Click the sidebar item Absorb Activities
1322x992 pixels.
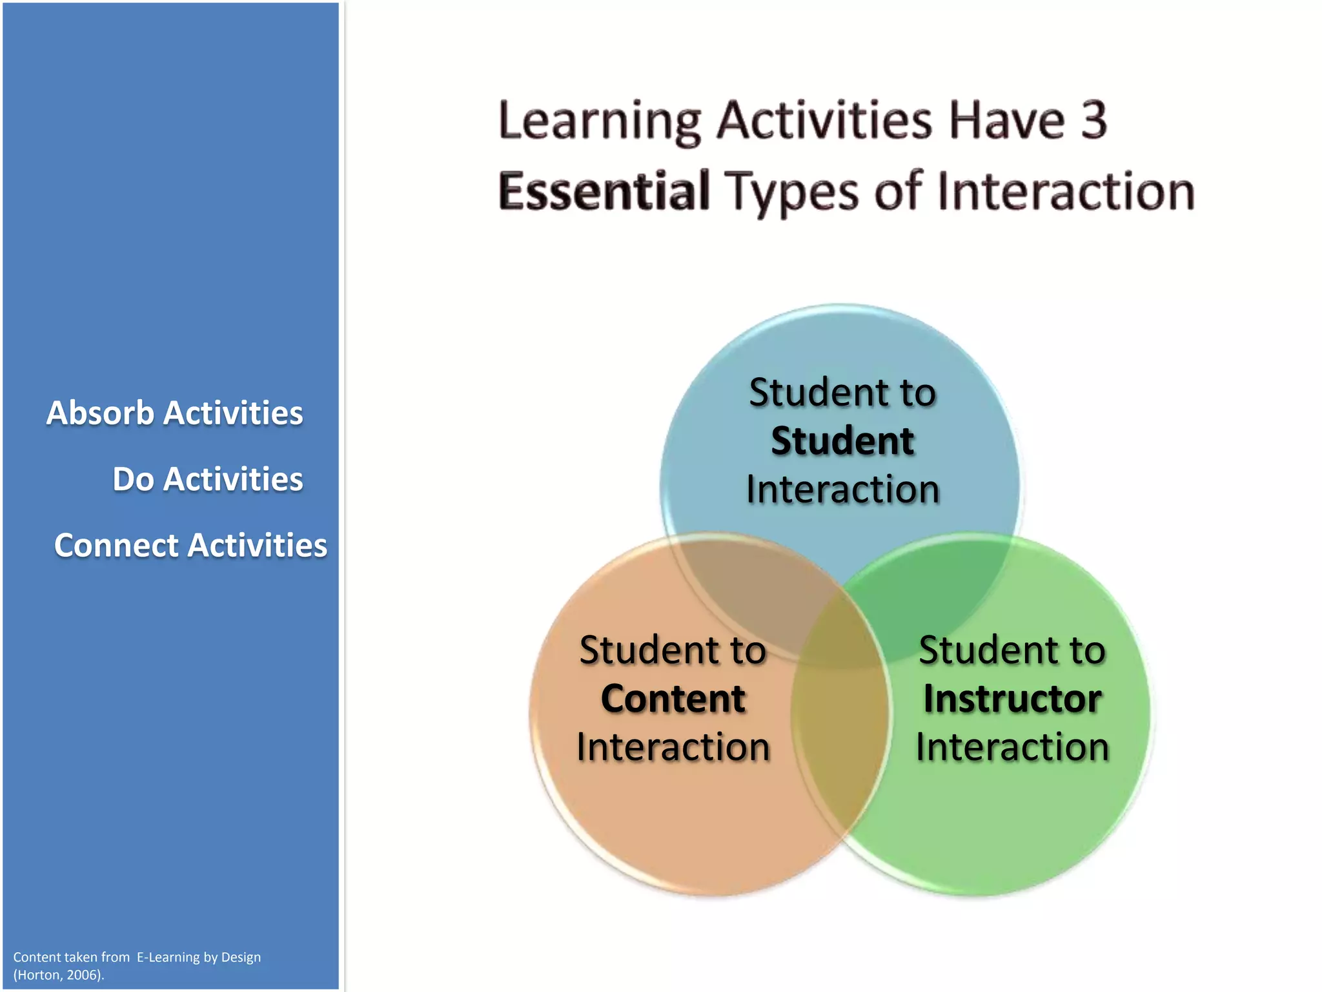[174, 413]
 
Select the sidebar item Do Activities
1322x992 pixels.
[207, 479]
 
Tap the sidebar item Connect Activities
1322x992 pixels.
[190, 545]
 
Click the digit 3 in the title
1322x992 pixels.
[1093, 120]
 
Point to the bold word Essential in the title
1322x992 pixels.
[604, 191]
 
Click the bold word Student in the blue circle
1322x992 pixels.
[842, 441]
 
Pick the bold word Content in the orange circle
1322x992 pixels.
[673, 699]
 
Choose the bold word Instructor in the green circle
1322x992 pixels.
[1012, 699]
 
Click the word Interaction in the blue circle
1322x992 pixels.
[842, 490]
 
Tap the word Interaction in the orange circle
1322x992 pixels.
[673, 747]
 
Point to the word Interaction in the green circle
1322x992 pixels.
[1012, 747]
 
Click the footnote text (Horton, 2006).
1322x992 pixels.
[59, 975]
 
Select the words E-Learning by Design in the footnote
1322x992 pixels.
[199, 957]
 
